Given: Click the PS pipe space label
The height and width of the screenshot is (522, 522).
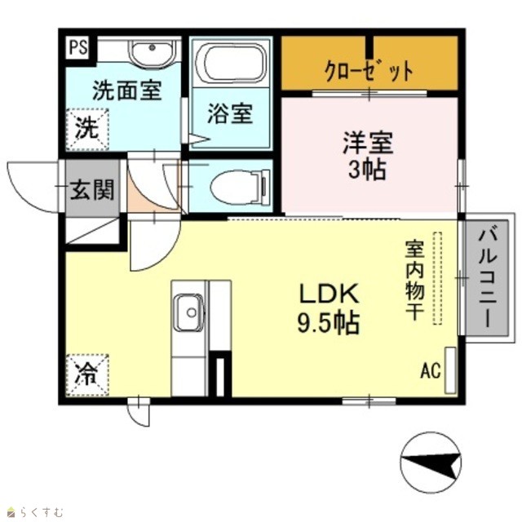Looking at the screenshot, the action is pos(78,47).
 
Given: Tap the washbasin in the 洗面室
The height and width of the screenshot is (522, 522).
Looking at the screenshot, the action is pos(153,53).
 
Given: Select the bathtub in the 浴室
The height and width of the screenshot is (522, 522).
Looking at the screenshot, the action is pos(231,62).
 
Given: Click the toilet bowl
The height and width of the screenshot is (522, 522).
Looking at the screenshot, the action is pos(241,186).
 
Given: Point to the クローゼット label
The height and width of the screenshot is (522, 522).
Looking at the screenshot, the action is pos(369,71).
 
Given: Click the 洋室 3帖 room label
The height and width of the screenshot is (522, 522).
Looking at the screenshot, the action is pos(368,156).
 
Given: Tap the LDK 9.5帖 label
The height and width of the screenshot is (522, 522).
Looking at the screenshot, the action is pos(328,308).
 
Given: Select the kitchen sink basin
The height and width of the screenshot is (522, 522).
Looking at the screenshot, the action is pos(189,312).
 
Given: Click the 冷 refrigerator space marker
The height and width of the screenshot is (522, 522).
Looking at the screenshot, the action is pos(87,375).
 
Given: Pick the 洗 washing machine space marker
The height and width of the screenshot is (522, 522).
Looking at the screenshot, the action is pos(87,129).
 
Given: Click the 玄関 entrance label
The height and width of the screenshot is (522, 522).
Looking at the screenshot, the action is pos(92,190).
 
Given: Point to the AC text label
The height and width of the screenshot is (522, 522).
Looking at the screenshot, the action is pos(431,370).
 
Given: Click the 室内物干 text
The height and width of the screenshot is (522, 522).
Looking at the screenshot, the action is pos(414,281).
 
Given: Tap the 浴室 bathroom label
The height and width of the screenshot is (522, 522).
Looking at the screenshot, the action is pos(230,113).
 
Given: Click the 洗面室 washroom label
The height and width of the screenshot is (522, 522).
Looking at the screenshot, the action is pos(127,90).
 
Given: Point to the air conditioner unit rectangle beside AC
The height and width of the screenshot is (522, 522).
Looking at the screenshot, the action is pos(450,370).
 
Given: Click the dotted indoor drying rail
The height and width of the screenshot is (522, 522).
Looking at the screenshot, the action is pos(437,278).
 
